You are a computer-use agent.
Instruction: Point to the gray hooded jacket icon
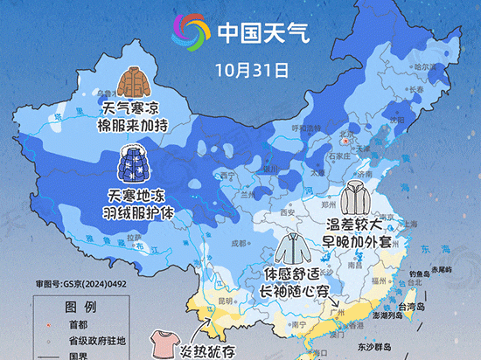click(357, 198)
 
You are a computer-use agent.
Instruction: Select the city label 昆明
click(225, 301)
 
